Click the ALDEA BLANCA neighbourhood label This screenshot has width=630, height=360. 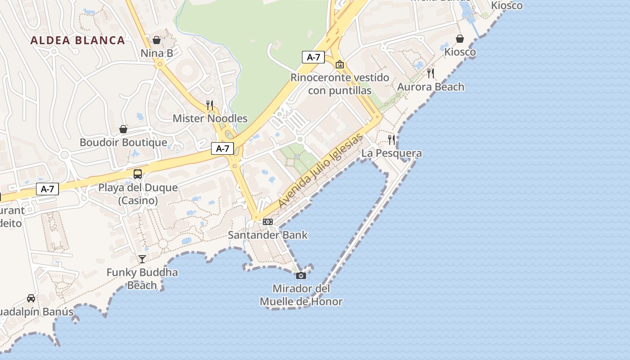[77, 40]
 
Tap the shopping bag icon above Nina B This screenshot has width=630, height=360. [157, 40]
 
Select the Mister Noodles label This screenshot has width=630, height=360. [210, 118]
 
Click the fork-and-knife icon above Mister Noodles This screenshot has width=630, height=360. [210, 105]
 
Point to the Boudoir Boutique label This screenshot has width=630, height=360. [123, 142]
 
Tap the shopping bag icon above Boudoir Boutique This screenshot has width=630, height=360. [123, 130]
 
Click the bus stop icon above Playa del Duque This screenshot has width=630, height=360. [138, 174]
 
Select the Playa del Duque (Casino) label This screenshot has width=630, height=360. [138, 194]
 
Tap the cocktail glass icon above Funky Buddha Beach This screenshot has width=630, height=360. [142, 259]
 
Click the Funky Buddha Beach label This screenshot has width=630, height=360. [142, 279]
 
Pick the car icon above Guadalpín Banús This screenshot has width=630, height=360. [31, 298]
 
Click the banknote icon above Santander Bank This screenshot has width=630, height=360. [268, 222]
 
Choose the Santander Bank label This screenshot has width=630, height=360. [268, 234]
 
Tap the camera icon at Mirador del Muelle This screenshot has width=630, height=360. [301, 275]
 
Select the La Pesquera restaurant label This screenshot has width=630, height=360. [391, 153]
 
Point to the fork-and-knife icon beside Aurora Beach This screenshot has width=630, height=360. [431, 73]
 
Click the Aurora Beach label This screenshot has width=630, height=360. [431, 87]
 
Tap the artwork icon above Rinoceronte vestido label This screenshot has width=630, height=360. [340, 65]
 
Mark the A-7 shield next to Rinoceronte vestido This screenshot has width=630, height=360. [313, 57]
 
